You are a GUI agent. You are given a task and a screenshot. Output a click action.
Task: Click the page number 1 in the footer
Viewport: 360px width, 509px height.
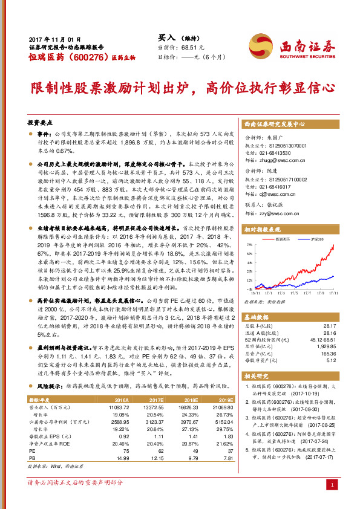point(332,485)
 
